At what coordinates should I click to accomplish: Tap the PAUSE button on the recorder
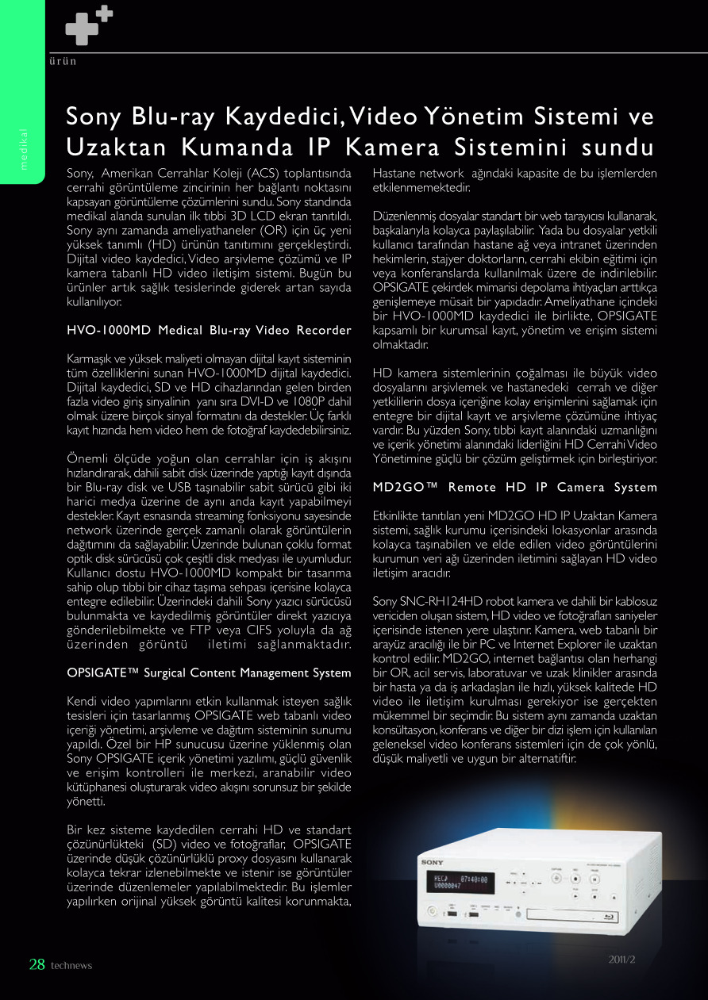(595, 877)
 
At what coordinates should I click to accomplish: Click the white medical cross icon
(88, 25)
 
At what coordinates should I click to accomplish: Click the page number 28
(37, 964)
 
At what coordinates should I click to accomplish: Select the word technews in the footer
(71, 966)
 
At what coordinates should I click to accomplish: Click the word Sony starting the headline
(94, 117)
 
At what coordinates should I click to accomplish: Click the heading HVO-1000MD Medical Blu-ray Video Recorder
(209, 330)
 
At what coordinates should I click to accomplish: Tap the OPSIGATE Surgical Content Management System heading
(209, 672)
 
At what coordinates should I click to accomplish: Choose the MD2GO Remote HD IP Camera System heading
(514, 487)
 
